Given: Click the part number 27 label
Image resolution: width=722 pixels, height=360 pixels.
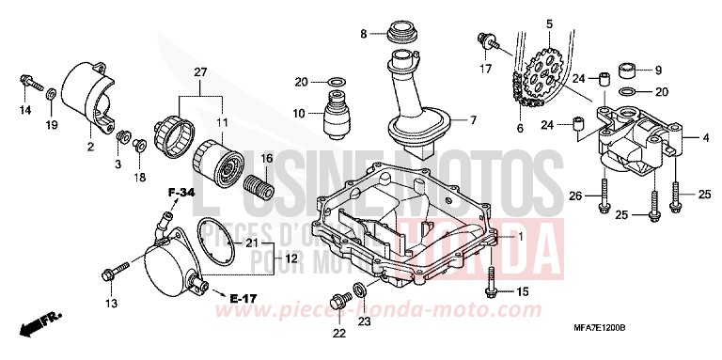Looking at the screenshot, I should [x=200, y=72].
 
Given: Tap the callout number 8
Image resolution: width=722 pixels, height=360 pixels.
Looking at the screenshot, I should [x=364, y=35].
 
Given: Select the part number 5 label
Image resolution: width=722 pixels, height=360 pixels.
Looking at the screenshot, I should [x=548, y=22].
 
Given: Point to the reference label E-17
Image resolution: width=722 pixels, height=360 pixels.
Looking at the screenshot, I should [x=242, y=298].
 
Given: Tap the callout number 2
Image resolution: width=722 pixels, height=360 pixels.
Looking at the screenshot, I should [x=90, y=147].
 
